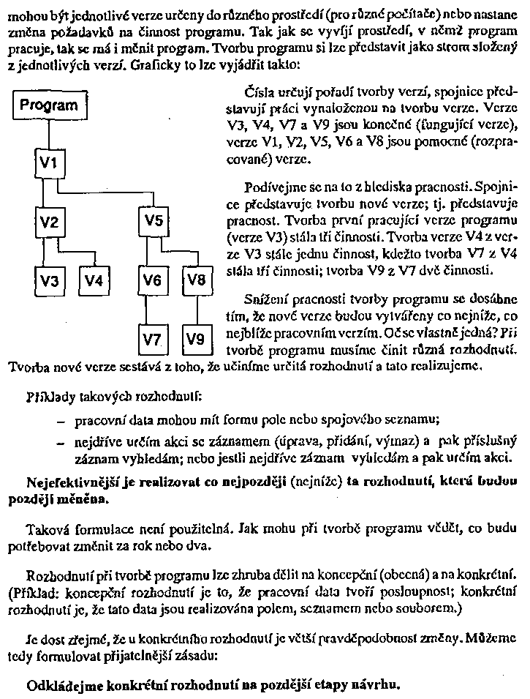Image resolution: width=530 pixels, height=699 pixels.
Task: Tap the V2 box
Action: click(x=48, y=221)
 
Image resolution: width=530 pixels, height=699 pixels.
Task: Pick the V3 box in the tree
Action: click(x=48, y=279)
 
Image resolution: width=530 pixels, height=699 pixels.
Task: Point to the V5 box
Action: click(x=153, y=221)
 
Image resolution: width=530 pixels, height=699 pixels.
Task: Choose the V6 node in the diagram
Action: click(x=153, y=279)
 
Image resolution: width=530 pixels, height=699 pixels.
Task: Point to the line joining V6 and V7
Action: click(x=153, y=309)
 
